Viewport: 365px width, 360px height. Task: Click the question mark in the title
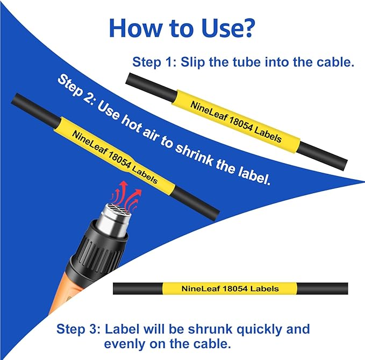[x=246, y=28]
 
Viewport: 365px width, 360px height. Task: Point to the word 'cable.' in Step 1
[x=335, y=62]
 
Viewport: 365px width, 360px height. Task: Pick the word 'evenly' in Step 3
[x=125, y=344]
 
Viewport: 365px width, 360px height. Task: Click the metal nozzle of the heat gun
[x=114, y=218]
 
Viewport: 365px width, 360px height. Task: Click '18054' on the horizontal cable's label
[x=235, y=288]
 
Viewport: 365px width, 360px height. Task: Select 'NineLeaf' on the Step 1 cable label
[x=209, y=111]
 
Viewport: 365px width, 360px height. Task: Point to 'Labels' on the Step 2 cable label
[x=145, y=174]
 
